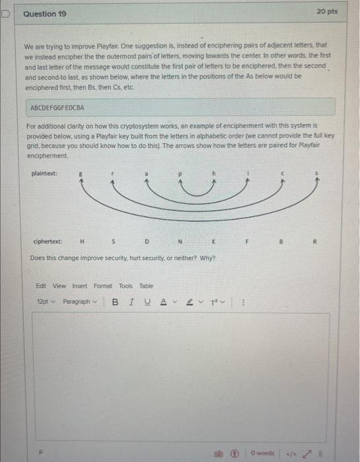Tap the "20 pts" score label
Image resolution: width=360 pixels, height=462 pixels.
(x=327, y=12)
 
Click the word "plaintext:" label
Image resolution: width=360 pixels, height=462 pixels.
(x=44, y=174)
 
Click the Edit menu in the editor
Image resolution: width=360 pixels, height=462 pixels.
(x=41, y=286)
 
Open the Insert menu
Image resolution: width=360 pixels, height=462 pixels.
(x=79, y=286)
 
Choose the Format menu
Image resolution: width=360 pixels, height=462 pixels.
(x=102, y=286)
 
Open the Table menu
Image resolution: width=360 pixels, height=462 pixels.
(x=146, y=286)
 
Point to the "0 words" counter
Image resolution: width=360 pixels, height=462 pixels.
(x=264, y=453)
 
